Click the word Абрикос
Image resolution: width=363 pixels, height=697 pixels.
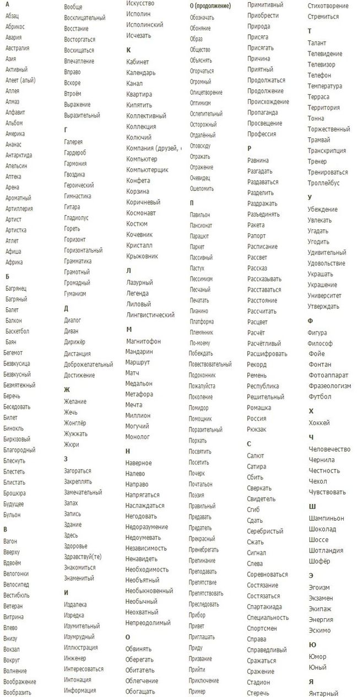[x=15, y=26]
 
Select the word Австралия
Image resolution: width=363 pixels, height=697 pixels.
[x=18, y=48]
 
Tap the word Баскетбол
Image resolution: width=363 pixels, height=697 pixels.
[x=17, y=331]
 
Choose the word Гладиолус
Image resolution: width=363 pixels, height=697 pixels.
[x=76, y=218]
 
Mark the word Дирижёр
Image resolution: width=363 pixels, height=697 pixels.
[x=75, y=342]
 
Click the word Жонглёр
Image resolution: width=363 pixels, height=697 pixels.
[x=75, y=423]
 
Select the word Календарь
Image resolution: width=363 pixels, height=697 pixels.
[x=140, y=73]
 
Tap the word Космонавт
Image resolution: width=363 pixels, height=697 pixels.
[x=141, y=213]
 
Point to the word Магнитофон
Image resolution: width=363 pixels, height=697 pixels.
[x=143, y=341]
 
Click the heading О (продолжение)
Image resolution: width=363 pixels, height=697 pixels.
[x=210, y=6]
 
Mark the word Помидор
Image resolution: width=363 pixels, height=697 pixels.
[x=199, y=408]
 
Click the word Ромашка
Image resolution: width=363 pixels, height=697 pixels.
[x=259, y=408]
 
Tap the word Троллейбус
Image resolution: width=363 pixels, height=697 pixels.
[x=324, y=183]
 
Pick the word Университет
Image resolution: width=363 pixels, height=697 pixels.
[x=324, y=296]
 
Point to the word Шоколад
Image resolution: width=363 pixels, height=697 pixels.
[x=323, y=529]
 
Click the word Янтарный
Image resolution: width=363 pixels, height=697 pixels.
[x=324, y=693]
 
